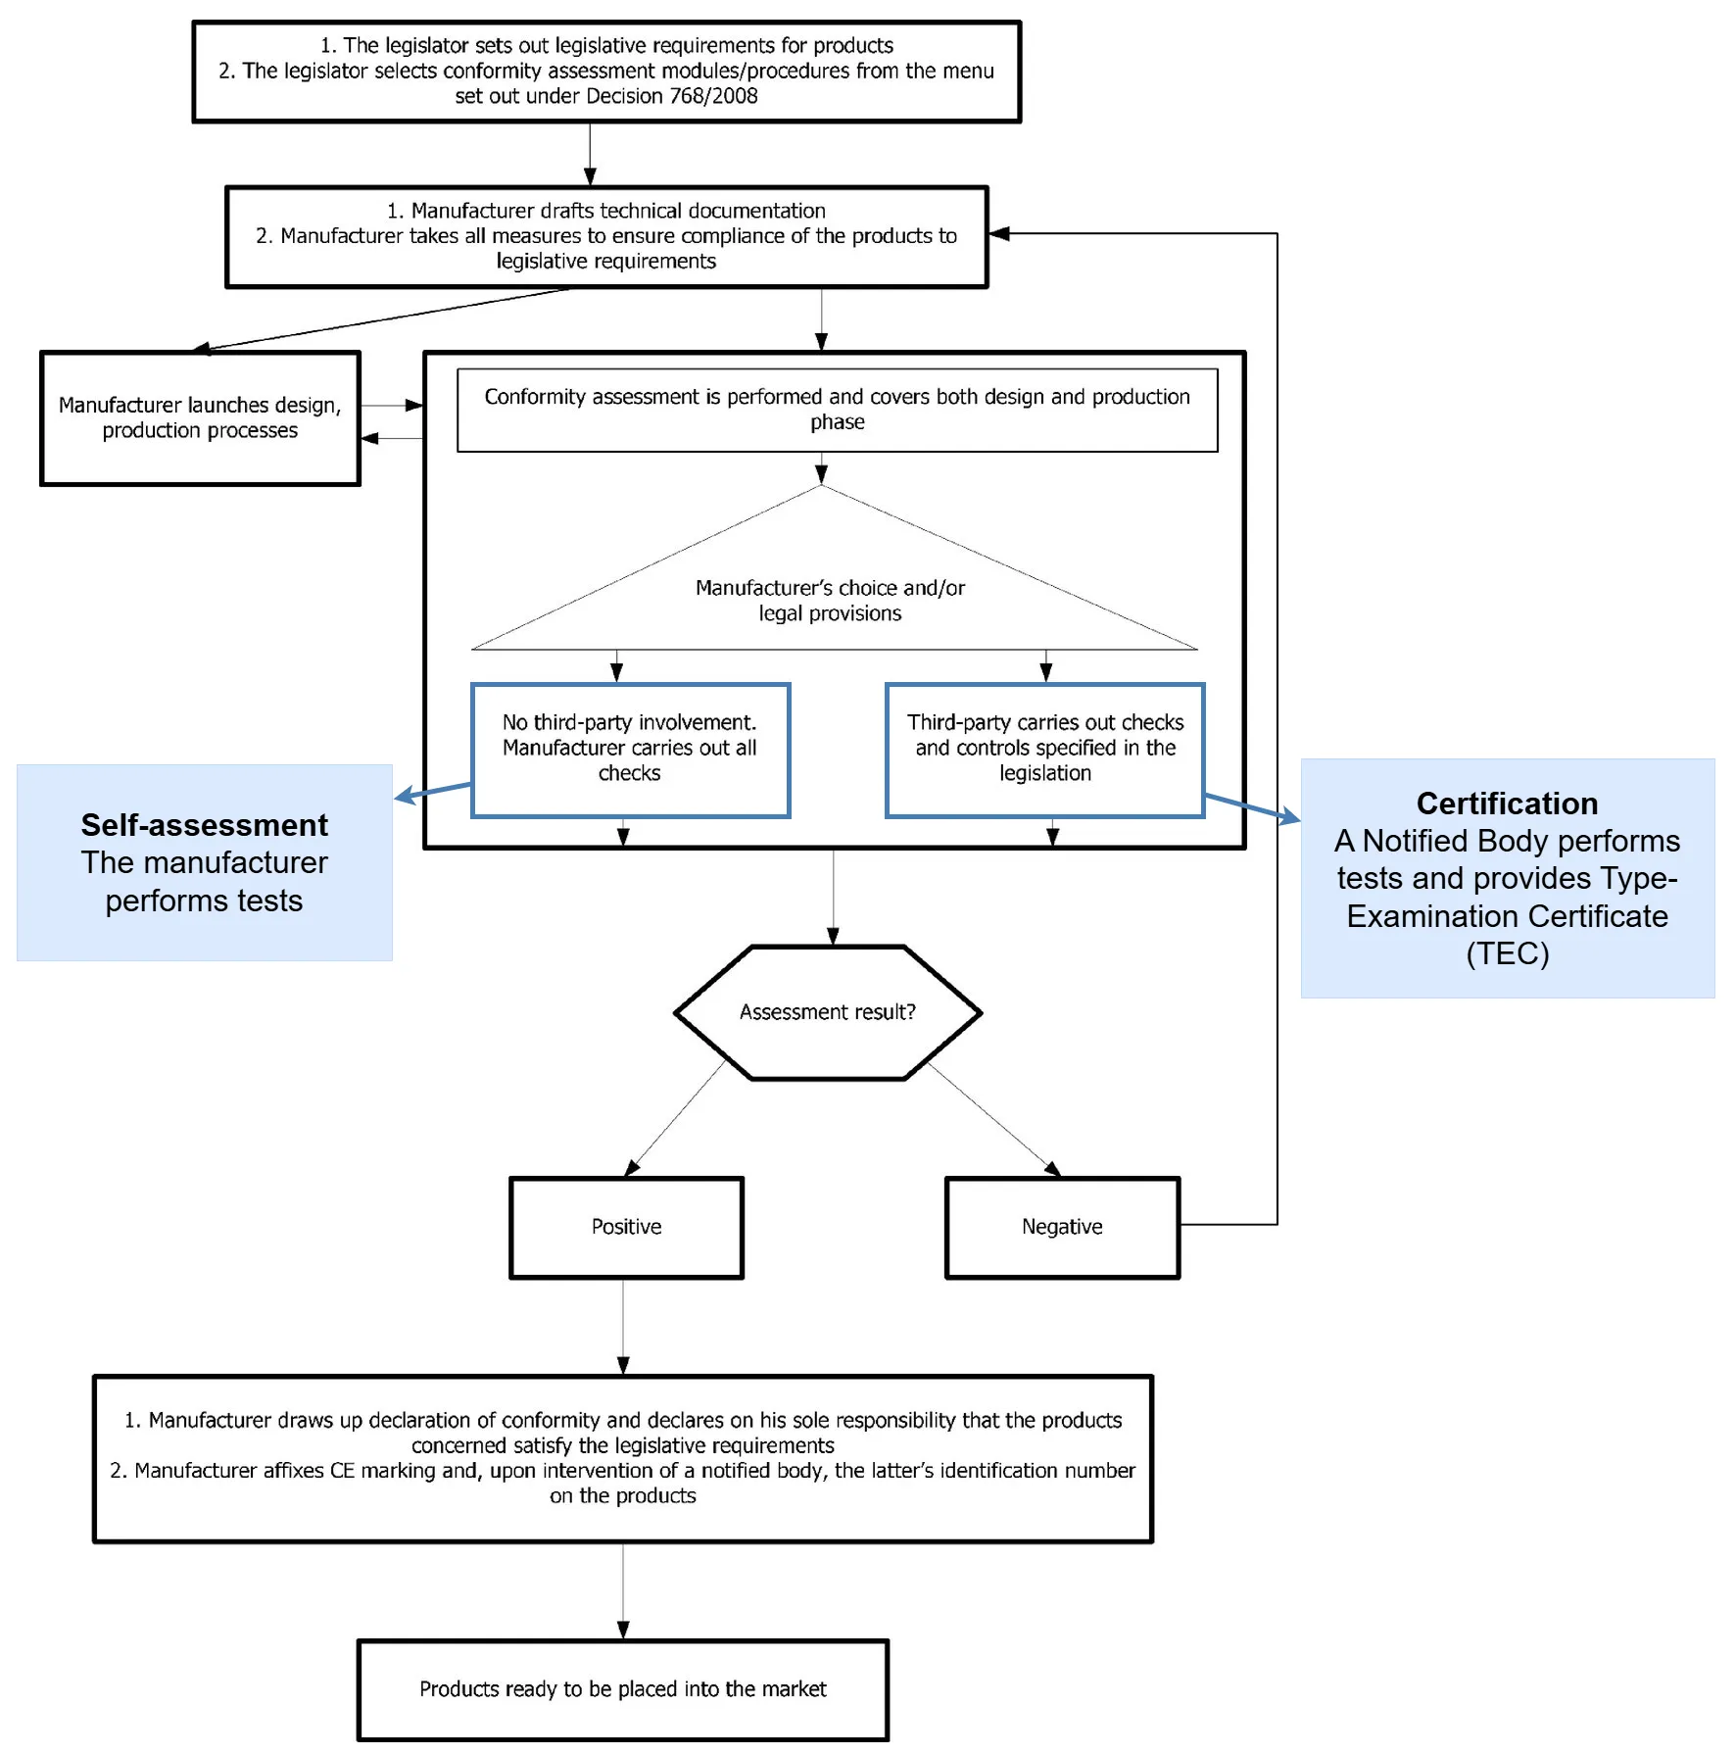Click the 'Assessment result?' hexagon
click(828, 1012)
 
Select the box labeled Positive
click(627, 1227)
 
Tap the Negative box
click(1062, 1227)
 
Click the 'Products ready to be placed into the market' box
click(623, 1689)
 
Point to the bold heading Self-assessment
click(204, 825)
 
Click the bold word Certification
click(1507, 804)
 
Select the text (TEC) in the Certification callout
click(1507, 953)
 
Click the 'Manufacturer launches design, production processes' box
click(200, 418)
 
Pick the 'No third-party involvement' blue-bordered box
click(630, 749)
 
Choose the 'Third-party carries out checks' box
click(1044, 749)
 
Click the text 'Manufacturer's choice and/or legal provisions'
click(830, 600)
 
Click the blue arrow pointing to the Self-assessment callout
click(431, 791)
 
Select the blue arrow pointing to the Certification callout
click(1252, 806)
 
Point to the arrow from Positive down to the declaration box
click(623, 1328)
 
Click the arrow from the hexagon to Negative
click(991, 1119)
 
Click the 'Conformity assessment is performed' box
click(837, 410)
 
